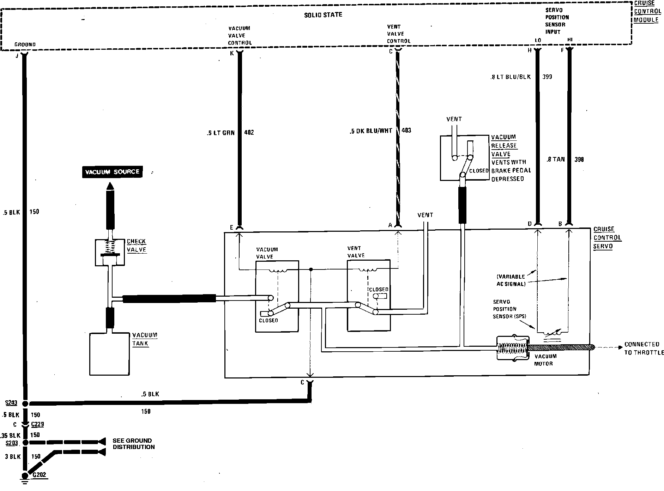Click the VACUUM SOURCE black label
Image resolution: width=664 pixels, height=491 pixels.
coord(112,172)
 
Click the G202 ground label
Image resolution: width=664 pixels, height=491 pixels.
coord(39,475)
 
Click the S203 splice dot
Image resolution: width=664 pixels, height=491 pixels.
coord(25,442)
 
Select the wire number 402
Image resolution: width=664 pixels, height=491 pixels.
coord(249,133)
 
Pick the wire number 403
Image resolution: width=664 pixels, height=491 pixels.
coord(406,131)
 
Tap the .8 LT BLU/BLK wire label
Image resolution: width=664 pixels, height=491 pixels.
coord(510,77)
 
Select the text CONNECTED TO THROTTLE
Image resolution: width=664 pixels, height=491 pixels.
coord(644,348)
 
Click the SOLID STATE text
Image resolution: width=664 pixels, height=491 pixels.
coord(323,15)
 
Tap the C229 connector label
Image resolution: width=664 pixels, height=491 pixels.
coord(37,424)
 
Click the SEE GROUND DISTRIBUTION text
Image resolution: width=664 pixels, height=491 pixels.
coord(133,444)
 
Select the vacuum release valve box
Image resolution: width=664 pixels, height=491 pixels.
coord(465,158)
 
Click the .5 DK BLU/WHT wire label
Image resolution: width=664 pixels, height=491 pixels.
coord(370,131)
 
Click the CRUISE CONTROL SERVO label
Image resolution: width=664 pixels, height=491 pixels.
coord(607,237)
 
